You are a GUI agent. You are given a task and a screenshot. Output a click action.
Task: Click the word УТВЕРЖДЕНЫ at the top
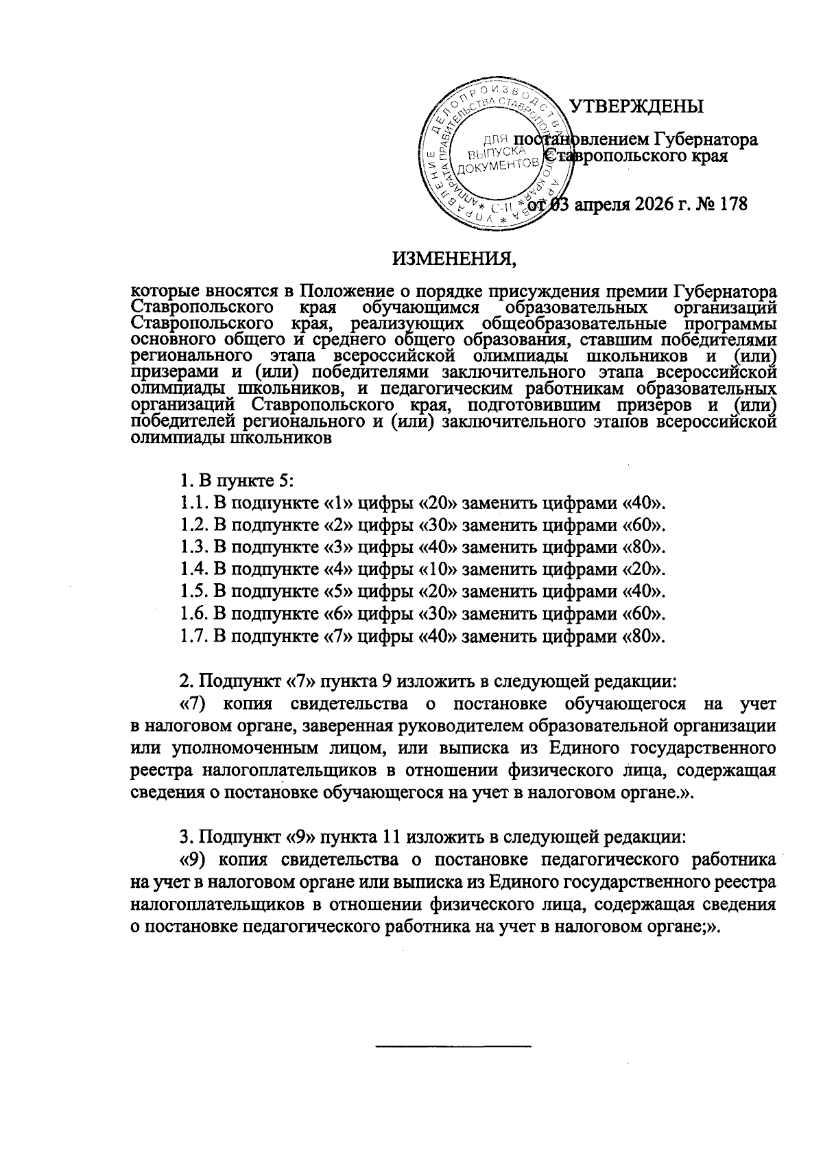click(638, 107)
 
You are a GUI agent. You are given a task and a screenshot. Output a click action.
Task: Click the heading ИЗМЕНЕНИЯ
click(453, 260)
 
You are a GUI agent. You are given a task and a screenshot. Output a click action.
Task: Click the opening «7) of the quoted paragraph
click(193, 704)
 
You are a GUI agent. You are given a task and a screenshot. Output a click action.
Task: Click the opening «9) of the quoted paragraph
click(193, 860)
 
